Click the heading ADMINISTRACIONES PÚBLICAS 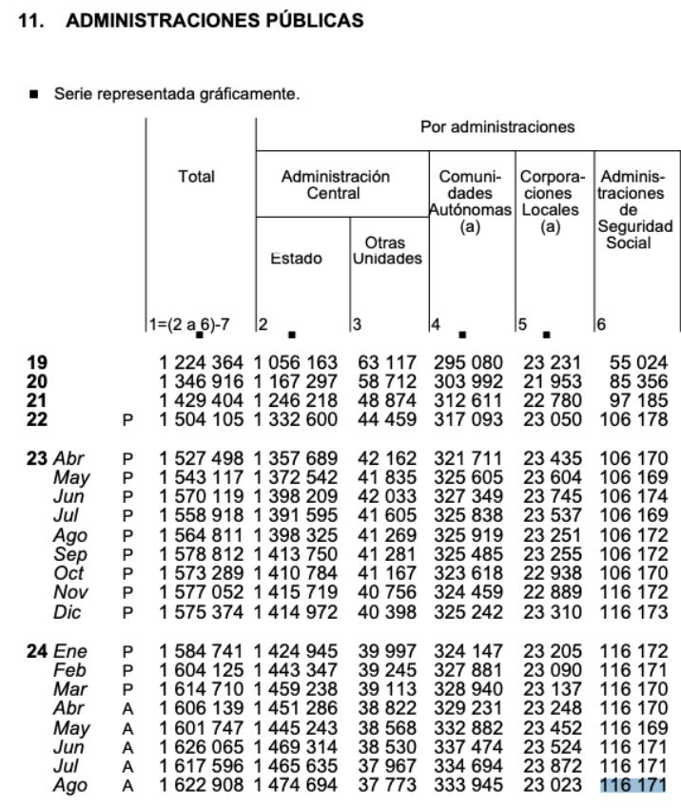(213, 20)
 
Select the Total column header (197, 176)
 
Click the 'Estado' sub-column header (297, 259)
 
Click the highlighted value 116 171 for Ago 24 (632, 785)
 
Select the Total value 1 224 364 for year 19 (202, 362)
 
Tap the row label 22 (37, 418)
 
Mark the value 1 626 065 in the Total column (202, 747)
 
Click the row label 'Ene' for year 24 (68, 651)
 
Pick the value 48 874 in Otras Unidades (387, 400)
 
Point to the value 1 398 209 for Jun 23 (297, 496)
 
